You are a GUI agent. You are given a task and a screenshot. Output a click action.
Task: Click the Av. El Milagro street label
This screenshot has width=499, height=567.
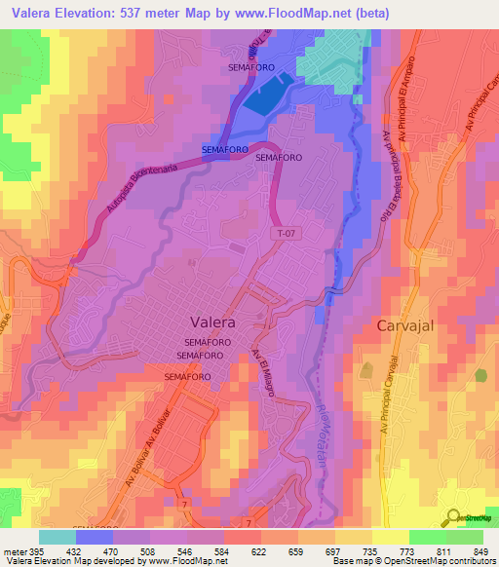(x=264, y=372)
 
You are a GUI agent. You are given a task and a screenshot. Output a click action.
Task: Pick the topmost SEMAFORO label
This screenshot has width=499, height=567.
(x=250, y=68)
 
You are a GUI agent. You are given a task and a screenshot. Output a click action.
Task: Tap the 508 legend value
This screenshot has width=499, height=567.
(x=134, y=551)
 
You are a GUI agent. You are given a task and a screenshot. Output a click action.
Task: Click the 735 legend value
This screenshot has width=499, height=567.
(x=357, y=551)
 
